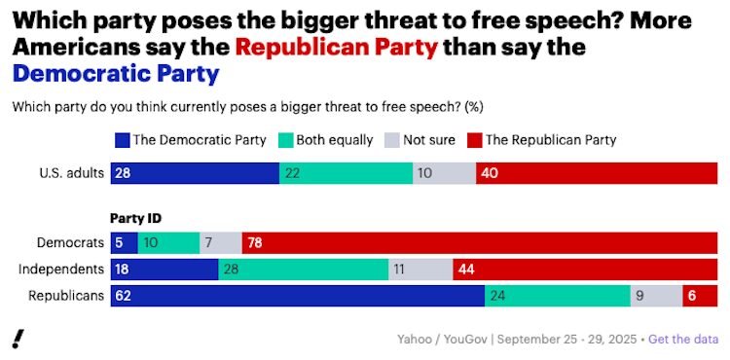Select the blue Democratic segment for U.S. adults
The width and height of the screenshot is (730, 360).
click(195, 173)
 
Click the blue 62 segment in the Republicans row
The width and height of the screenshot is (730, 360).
click(297, 296)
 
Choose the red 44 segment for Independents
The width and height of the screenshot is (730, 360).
click(585, 270)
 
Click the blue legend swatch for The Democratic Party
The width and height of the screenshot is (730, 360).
click(123, 139)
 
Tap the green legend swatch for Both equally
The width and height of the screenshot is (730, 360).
click(287, 139)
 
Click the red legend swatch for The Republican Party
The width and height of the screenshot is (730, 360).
click(474, 139)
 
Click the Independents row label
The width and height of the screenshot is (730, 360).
click(65, 270)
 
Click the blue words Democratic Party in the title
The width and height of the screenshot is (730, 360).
click(116, 73)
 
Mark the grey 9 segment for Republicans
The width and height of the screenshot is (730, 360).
click(656, 296)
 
